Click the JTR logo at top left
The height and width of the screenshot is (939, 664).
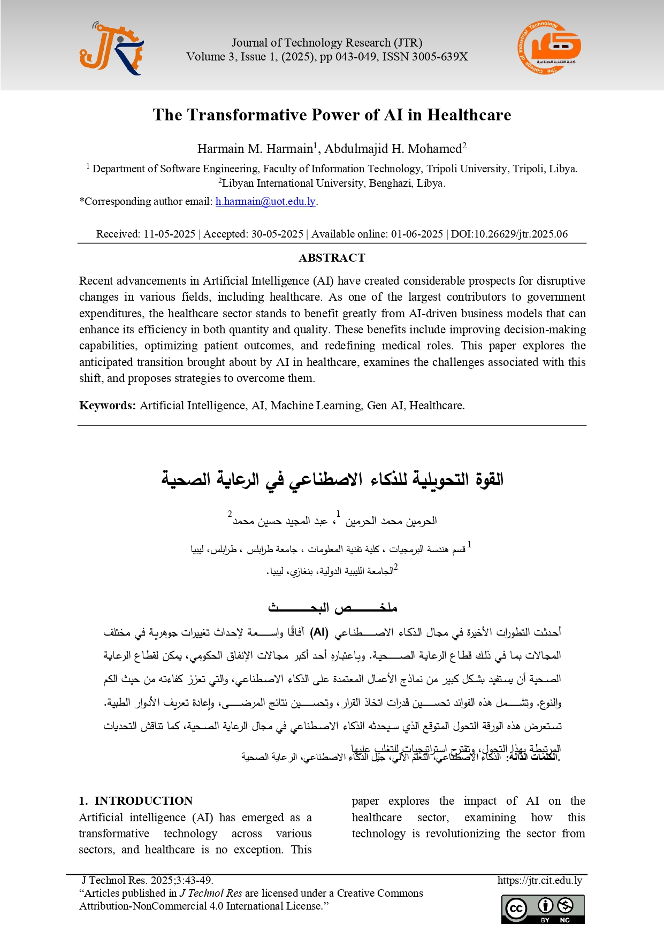(112, 48)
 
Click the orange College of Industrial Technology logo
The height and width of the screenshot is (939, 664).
(549, 48)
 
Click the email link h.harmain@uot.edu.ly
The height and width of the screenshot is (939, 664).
(265, 202)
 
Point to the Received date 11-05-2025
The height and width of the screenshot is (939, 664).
(169, 234)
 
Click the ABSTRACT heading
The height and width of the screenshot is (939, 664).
(332, 258)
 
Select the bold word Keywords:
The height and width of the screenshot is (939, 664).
(108, 406)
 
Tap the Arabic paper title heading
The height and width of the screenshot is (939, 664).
(332, 479)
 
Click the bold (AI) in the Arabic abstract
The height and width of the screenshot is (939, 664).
(319, 632)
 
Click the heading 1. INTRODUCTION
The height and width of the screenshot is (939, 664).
(136, 801)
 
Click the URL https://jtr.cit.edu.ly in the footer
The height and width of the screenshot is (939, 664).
(539, 880)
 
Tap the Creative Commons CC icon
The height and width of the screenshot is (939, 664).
(516, 909)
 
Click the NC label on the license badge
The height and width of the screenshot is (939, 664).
(565, 920)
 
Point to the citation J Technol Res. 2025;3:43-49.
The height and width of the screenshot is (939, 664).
(148, 880)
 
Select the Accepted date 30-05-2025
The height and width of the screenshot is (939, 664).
(277, 234)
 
